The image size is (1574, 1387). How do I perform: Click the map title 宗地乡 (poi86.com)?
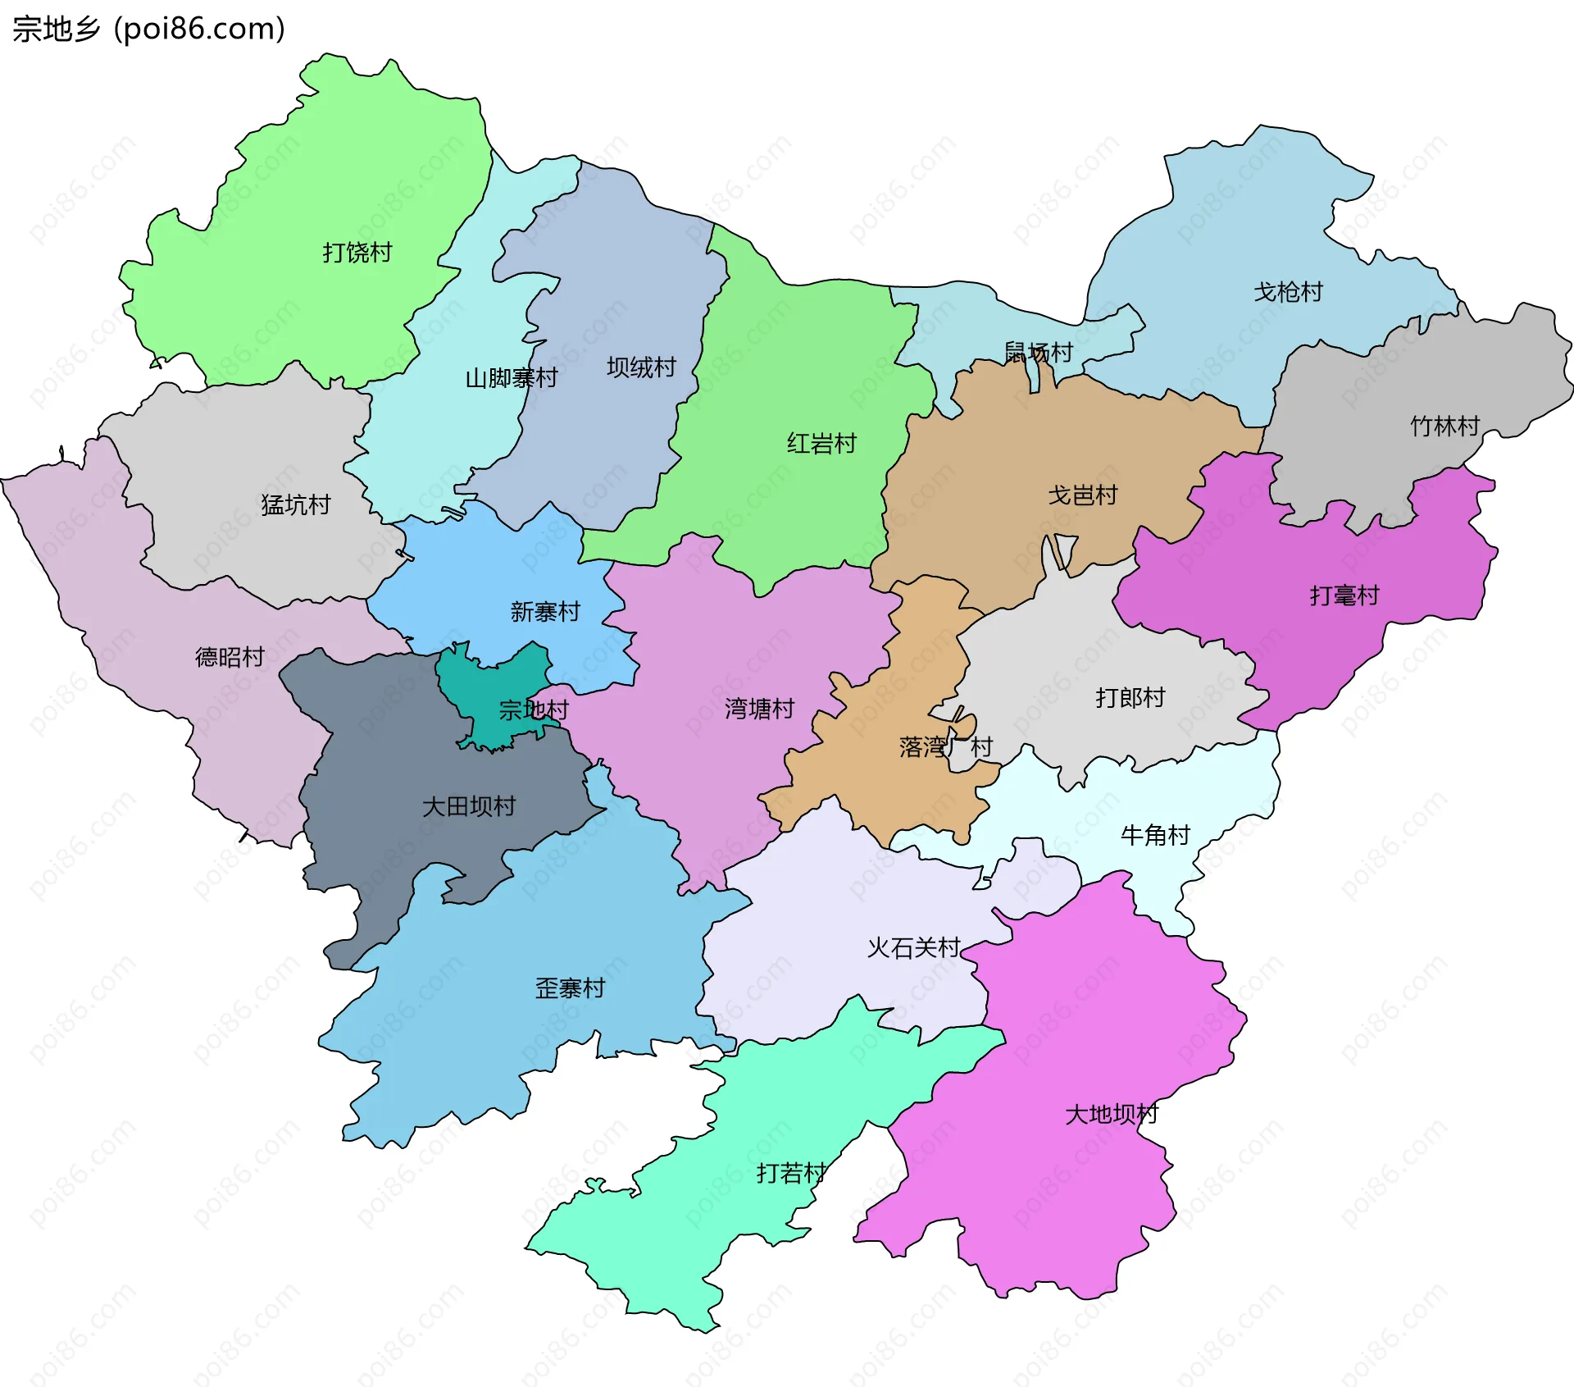[148, 29]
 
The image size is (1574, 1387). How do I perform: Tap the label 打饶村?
[357, 253]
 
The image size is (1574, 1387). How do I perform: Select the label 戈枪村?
[1288, 292]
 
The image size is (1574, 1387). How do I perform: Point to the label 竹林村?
[1444, 427]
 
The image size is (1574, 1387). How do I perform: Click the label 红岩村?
[821, 444]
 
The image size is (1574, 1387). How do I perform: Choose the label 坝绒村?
[641, 367]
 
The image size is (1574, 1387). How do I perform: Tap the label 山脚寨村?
[512, 378]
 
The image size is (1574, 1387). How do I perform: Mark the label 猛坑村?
[295, 504]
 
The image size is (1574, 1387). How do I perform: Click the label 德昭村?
[230, 657]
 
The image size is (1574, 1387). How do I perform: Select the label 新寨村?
[545, 612]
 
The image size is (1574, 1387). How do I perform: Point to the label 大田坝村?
[468, 806]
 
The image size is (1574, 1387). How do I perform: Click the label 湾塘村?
[759, 709]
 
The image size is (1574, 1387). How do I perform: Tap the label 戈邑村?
[1083, 495]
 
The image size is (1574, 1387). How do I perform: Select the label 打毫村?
[1344, 595]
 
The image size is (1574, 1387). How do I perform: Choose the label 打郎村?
[1130, 698]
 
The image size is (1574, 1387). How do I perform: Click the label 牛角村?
[1155, 836]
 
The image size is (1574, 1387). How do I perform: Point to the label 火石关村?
[913, 948]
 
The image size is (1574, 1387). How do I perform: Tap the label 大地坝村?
[1111, 1115]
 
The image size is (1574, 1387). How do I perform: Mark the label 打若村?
[791, 1174]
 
